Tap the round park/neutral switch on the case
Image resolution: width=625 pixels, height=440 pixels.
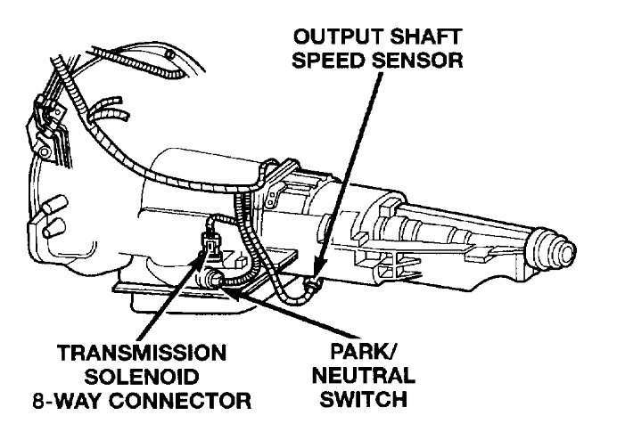pos(215,281)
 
